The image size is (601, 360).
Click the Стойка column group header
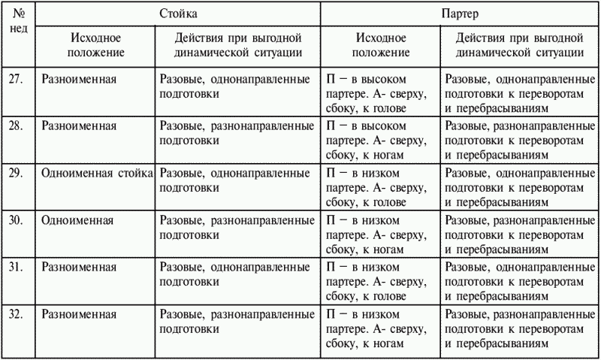[180, 14]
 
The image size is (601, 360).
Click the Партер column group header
[460, 14]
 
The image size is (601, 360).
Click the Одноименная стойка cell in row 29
[97, 173]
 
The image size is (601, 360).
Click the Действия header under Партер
[520, 45]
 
